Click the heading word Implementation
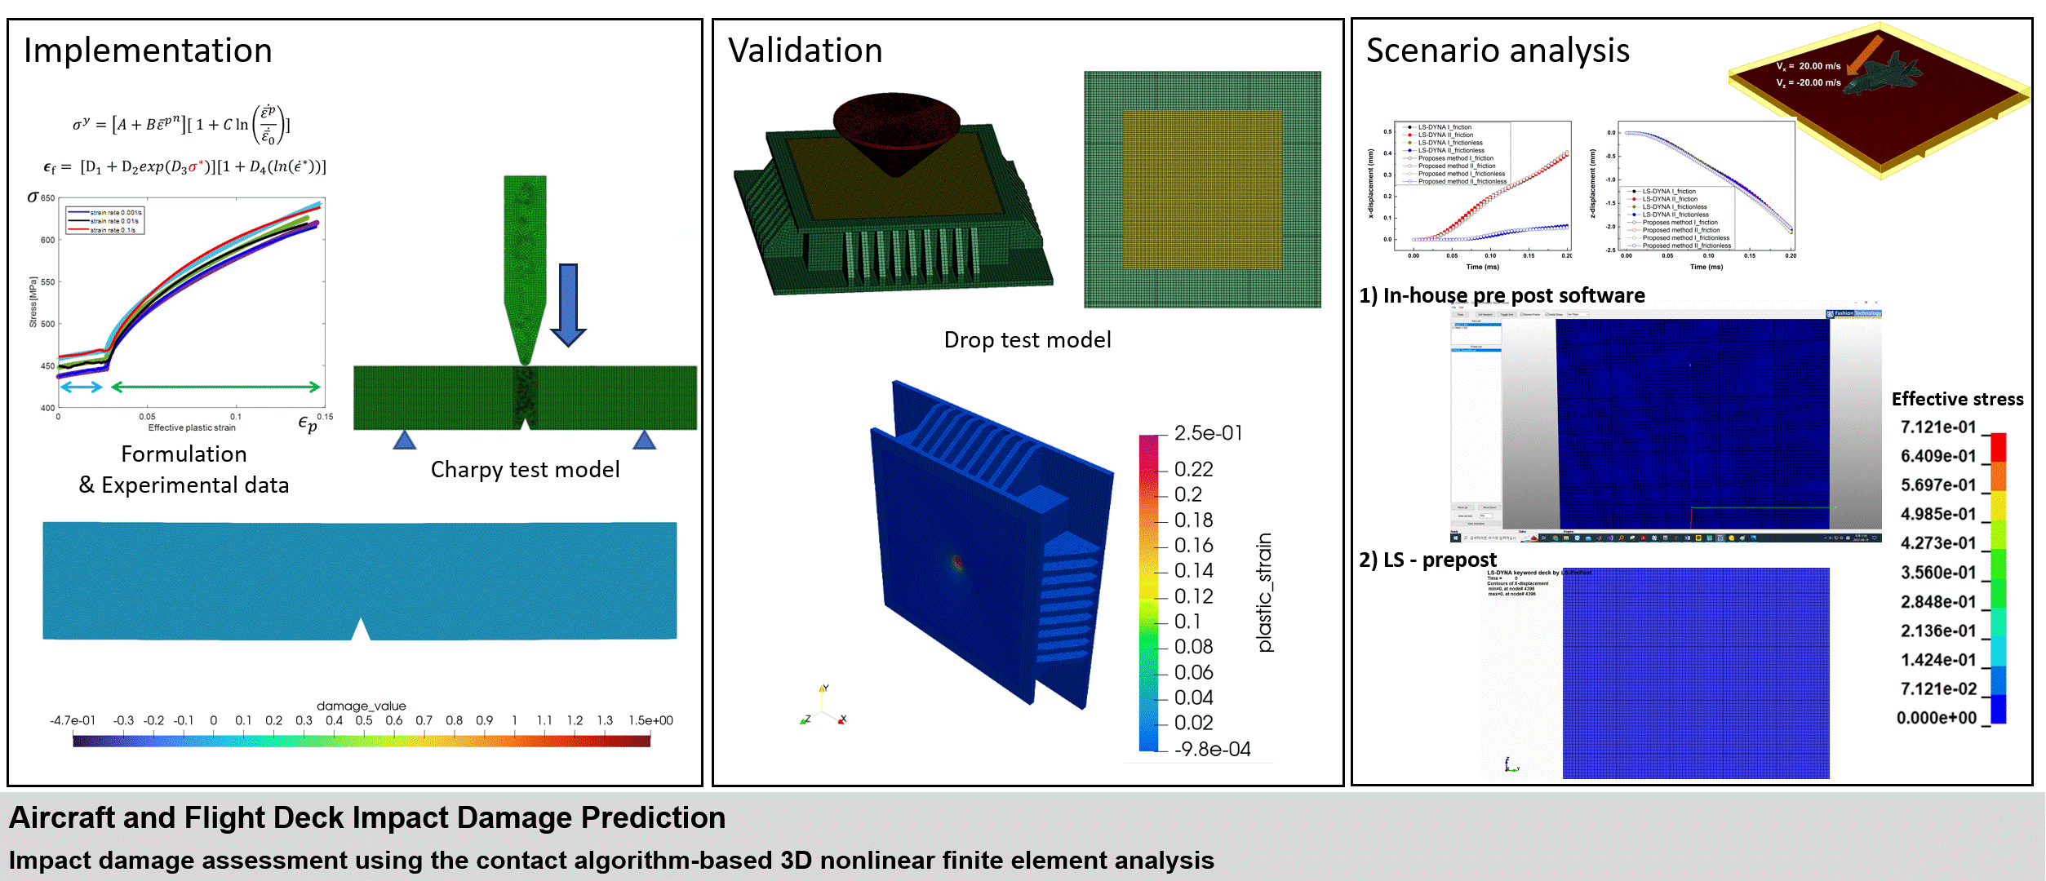point(148,51)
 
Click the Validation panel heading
point(805,51)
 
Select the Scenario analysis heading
point(1498,51)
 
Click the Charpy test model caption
point(525,470)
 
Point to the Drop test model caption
point(1027,340)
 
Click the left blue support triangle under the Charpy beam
point(404,440)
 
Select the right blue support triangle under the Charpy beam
point(644,440)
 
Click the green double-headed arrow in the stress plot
point(215,387)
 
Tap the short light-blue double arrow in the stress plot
point(81,387)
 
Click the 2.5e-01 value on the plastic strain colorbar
point(1208,433)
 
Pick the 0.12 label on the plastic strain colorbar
point(1193,596)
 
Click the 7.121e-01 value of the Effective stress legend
point(1938,427)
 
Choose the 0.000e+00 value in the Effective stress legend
point(1936,718)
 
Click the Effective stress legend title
point(1957,399)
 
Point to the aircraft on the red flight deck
point(1885,73)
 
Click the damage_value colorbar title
point(361,706)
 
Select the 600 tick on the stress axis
point(48,240)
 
